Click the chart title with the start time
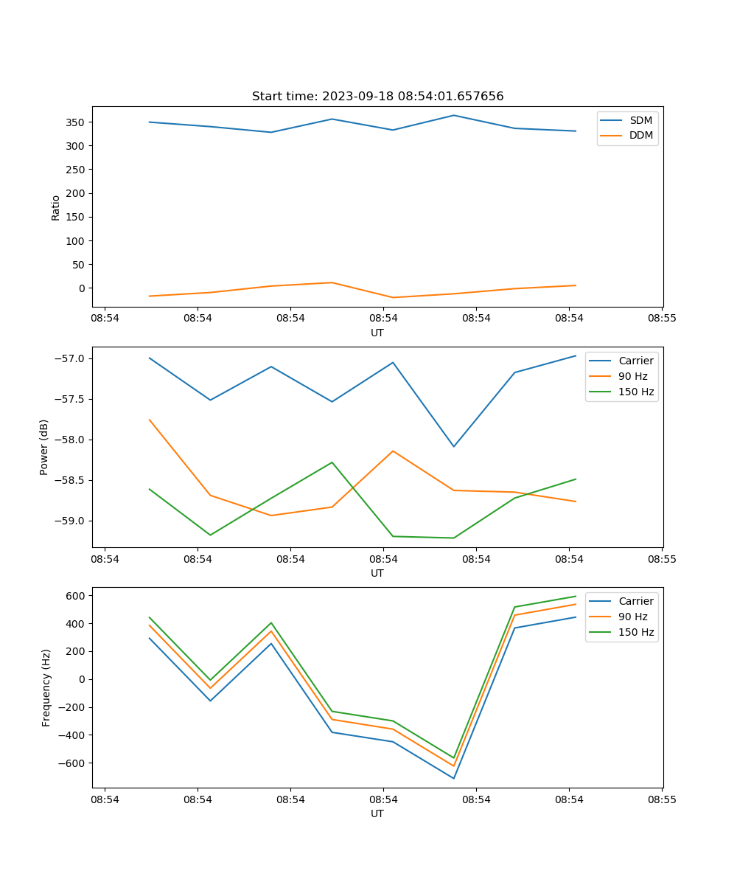[377, 97]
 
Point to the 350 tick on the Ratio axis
[76, 122]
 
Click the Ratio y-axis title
[56, 207]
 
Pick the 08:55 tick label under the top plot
[661, 319]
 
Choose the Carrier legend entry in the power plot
[635, 361]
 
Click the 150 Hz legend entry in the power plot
[635, 392]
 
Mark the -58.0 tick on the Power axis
[71, 440]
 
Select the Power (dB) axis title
[44, 447]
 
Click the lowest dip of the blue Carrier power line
[453, 446]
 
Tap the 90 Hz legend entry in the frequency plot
[632, 617]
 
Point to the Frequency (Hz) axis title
[46, 687]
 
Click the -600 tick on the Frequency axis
[72, 763]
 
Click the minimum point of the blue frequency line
[453, 778]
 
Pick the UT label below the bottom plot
[377, 813]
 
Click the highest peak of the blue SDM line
[453, 115]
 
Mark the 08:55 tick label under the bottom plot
[661, 799]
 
